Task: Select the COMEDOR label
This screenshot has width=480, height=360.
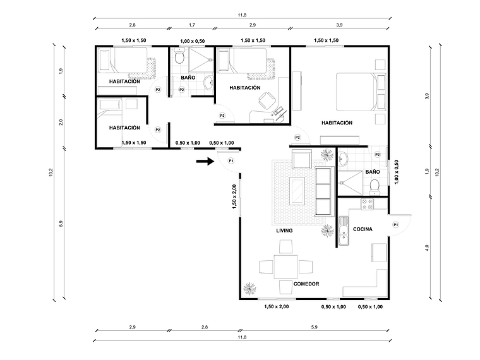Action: [306, 284]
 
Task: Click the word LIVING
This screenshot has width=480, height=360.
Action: [284, 231]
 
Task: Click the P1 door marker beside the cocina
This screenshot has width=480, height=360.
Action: [396, 224]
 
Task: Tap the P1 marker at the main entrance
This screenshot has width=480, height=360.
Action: [231, 161]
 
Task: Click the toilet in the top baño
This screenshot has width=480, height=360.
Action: [179, 58]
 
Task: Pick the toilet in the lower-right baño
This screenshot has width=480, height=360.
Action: [375, 185]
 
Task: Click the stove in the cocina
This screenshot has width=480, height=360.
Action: [366, 204]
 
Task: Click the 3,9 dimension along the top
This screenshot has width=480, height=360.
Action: [339, 25]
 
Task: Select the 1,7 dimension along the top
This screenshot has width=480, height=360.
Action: [191, 25]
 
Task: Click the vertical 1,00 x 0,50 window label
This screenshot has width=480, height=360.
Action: [397, 171]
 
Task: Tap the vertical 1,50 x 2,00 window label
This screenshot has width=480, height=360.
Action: [234, 197]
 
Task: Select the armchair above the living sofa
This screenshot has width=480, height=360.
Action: [301, 158]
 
